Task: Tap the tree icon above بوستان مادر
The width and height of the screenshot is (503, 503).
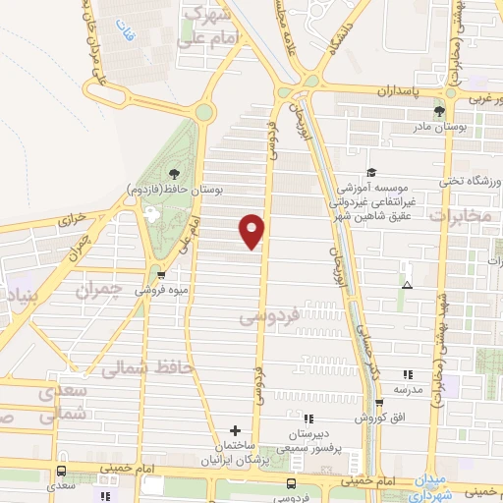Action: coord(439,110)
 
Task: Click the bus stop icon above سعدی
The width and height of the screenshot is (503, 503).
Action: coord(62,472)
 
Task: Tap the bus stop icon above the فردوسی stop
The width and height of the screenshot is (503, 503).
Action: coord(291,483)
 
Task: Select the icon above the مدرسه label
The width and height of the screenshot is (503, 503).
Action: coord(408,374)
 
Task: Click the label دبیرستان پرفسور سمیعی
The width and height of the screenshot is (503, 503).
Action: coord(309,440)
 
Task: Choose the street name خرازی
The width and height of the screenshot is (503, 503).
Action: coord(74,222)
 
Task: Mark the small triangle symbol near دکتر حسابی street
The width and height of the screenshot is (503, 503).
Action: coord(407,286)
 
